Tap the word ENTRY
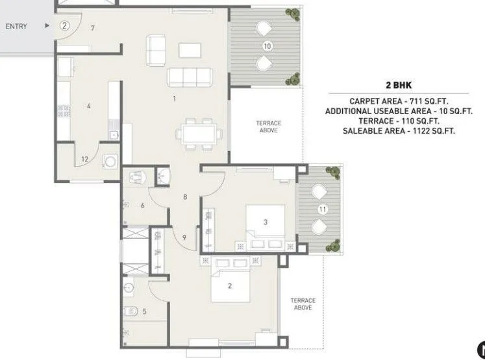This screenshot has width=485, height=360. (16, 27)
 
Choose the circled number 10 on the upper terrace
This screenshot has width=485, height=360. (267, 46)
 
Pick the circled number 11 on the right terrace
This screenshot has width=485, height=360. (321, 210)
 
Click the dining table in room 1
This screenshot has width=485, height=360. (200, 134)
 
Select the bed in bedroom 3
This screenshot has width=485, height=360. (266, 224)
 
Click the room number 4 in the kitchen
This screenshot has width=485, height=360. (88, 105)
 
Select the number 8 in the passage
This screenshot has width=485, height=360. (185, 197)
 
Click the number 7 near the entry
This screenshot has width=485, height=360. (93, 29)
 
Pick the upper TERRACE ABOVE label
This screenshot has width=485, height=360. (268, 126)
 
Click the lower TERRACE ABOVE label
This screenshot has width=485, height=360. (303, 304)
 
